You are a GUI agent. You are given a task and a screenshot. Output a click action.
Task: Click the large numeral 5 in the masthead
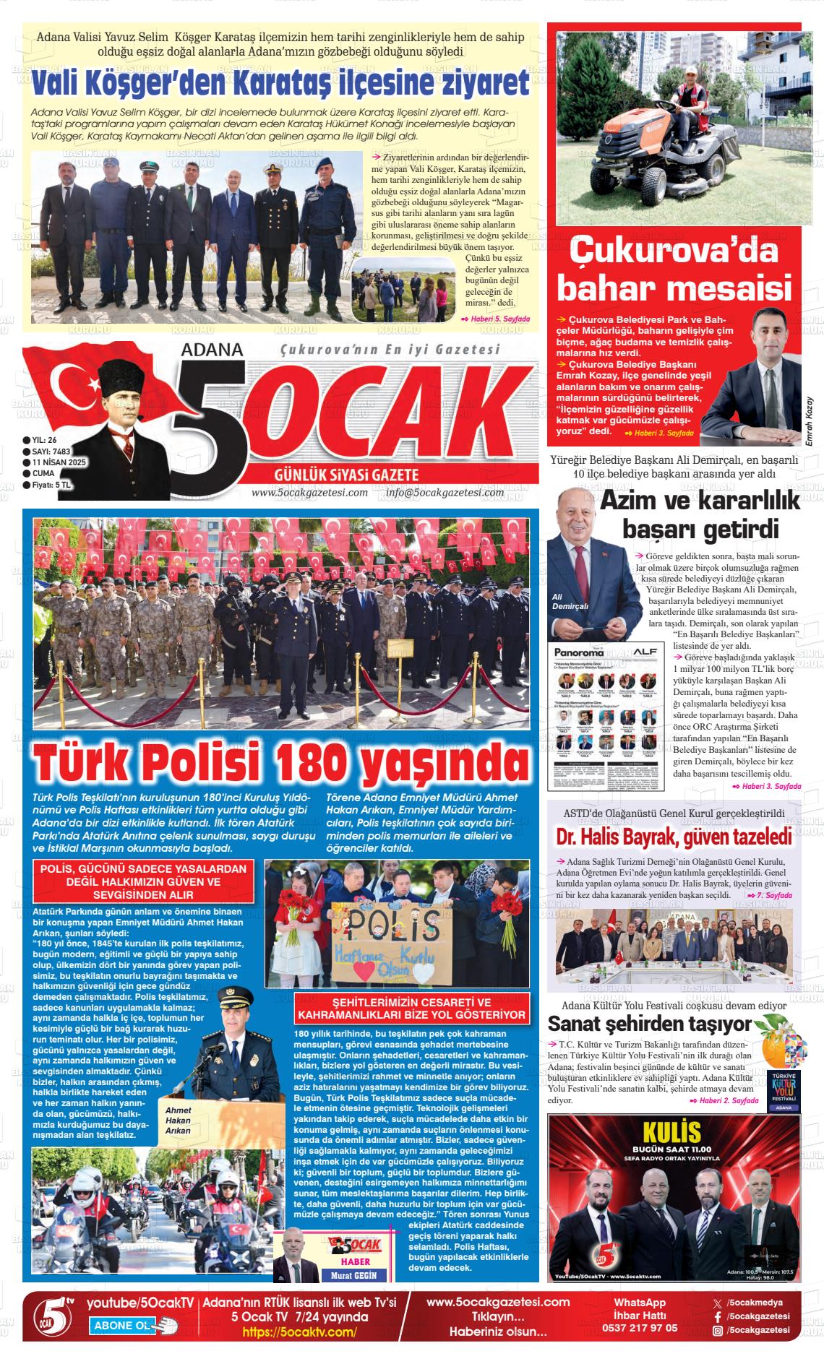tap(207, 426)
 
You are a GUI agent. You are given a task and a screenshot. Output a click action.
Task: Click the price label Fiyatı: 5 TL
tap(51, 485)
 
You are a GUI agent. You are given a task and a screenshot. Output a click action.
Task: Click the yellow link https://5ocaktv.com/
tap(299, 1331)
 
